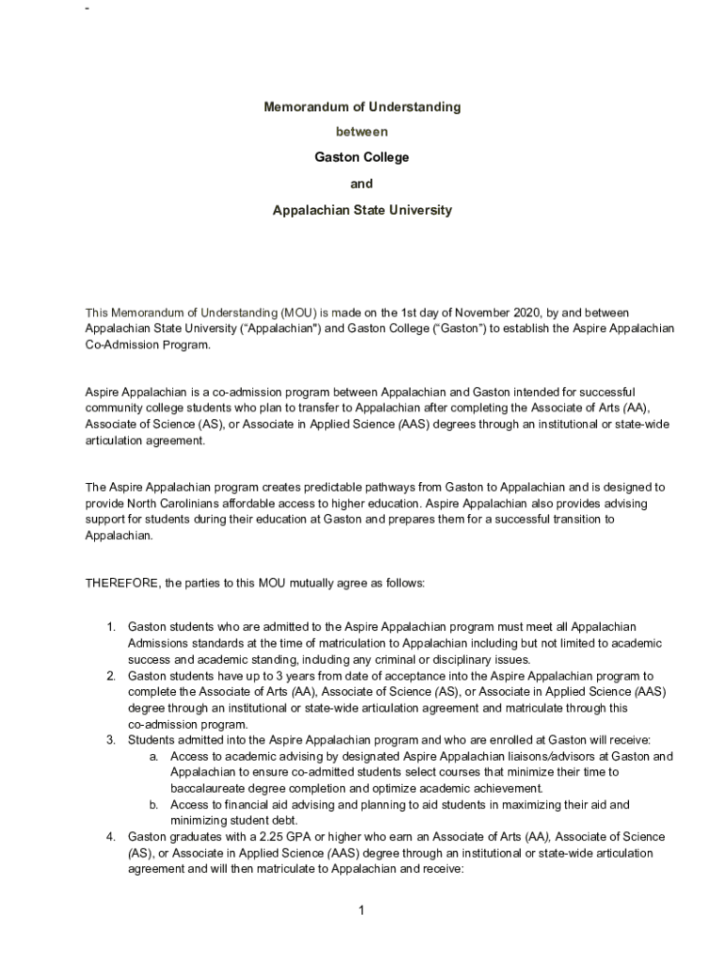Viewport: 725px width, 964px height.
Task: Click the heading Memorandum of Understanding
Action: click(362, 107)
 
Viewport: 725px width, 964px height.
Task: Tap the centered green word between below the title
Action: click(362, 132)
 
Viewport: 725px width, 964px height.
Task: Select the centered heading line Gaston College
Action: click(362, 157)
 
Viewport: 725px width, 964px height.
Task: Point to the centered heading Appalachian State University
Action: click(362, 210)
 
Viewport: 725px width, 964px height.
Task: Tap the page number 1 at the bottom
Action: click(362, 909)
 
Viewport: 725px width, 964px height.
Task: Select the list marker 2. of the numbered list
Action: click(110, 676)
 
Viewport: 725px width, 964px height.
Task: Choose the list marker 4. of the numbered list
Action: click(110, 837)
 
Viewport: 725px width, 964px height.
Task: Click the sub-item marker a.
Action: click(153, 757)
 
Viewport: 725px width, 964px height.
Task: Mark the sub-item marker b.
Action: click(153, 805)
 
